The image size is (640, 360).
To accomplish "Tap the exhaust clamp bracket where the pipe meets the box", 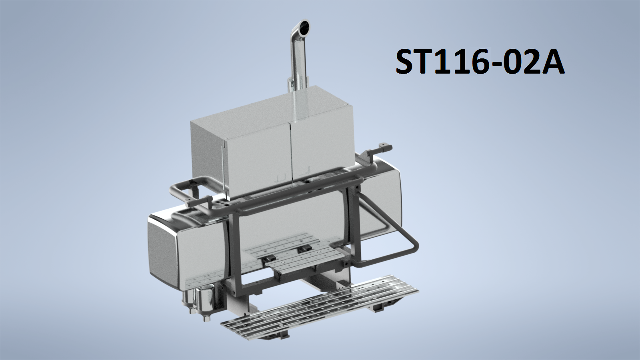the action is (290, 84).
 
